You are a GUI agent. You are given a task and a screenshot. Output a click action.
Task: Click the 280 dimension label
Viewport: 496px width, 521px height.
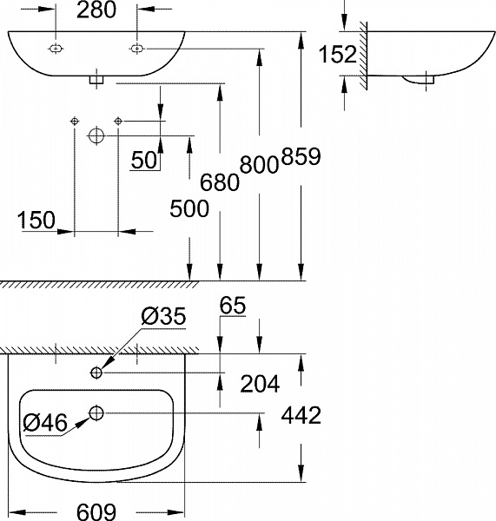point(96,10)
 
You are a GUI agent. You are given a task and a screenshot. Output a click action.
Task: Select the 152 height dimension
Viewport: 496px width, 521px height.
point(338,55)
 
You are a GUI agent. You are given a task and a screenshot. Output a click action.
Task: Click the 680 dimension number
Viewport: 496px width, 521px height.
point(220,181)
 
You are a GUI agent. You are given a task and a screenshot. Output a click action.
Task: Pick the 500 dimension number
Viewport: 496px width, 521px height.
point(189,208)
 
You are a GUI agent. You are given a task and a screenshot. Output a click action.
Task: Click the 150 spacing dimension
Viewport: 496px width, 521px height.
point(36,220)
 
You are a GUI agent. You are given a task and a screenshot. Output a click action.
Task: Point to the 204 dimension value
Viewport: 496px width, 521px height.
point(261,383)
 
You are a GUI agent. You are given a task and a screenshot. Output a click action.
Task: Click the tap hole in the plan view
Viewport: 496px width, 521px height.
point(96,373)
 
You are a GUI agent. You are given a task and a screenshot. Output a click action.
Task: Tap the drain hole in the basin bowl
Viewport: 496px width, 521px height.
point(96,412)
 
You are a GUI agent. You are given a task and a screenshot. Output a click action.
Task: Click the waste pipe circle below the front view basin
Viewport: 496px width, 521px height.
point(96,135)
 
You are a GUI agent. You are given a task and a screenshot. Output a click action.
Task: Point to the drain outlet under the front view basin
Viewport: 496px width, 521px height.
point(96,81)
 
